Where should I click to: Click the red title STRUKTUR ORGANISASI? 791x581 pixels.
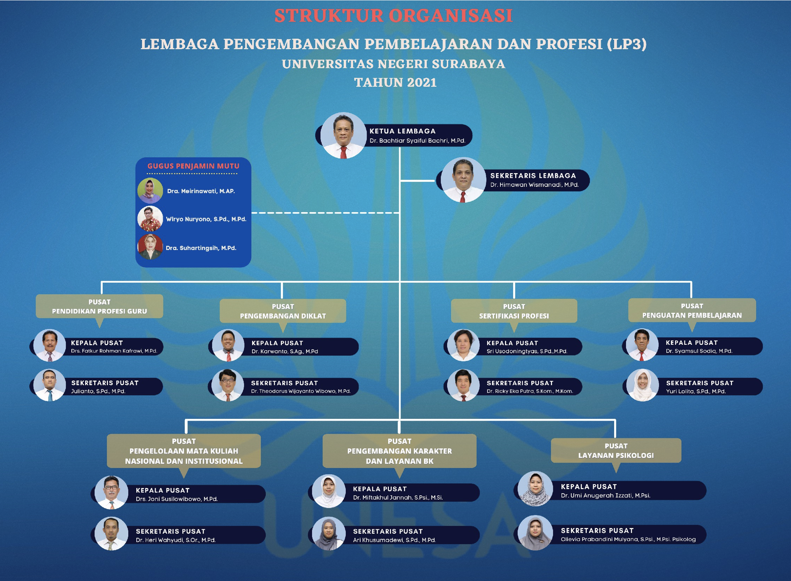point(393,16)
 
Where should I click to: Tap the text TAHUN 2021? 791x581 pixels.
point(395,82)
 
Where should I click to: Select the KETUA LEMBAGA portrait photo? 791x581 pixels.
point(343,135)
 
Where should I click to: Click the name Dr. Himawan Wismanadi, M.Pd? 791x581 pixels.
point(534,185)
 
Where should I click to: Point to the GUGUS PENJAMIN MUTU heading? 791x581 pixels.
point(193,166)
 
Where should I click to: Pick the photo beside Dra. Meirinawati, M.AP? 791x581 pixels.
point(150,191)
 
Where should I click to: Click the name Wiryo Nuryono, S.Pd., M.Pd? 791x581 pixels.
point(206,219)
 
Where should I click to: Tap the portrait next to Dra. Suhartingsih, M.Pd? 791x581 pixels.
point(150,247)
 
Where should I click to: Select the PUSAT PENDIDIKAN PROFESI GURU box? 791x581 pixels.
point(99,306)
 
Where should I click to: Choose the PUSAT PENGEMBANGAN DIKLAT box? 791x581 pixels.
point(283,311)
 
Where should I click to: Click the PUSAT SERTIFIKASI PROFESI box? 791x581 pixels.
point(514,311)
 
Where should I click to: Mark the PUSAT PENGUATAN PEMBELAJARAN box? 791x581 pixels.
point(692,310)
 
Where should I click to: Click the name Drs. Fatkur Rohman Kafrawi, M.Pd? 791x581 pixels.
point(114,351)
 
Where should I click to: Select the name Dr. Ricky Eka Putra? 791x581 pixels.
point(530,391)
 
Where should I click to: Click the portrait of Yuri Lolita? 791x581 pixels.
point(642,385)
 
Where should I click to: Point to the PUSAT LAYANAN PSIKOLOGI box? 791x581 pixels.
point(616,451)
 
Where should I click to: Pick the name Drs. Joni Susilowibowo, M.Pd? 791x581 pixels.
point(177,499)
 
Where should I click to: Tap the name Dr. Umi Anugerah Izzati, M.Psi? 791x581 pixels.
point(605,496)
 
